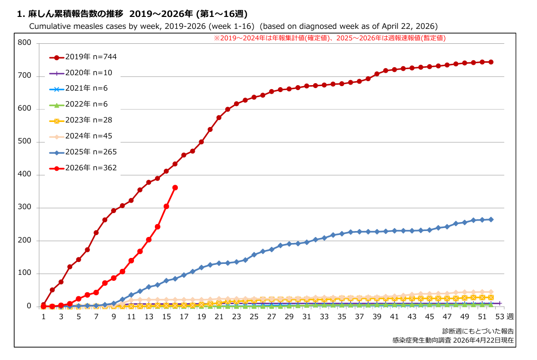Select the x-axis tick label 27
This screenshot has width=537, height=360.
pos(271,317)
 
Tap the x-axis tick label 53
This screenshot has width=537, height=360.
pos(500,317)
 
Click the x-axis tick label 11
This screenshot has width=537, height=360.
pos(131,317)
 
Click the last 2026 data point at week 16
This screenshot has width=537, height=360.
pos(175,188)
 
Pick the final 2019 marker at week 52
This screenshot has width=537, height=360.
pos(491,62)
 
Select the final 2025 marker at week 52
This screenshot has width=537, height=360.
pos(491,220)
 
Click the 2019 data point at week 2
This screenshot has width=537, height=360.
pos(52,290)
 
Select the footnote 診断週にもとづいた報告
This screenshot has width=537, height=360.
pos(478,331)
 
